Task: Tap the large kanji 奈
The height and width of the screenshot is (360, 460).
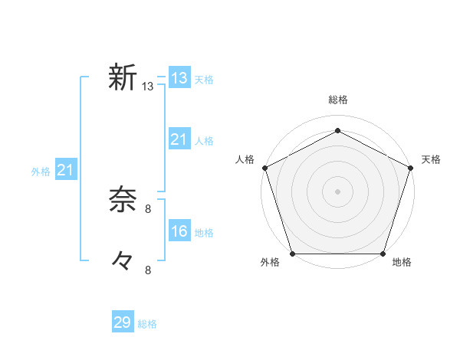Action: (x=122, y=199)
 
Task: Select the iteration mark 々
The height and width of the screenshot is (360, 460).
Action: (x=122, y=260)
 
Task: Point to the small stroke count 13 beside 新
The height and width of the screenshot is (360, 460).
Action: (x=148, y=87)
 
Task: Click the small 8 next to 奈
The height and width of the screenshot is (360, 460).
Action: (x=148, y=208)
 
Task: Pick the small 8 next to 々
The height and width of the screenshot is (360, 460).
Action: (x=148, y=270)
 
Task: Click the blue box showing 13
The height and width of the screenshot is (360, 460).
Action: (x=179, y=78)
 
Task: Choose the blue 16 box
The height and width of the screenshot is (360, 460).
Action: (x=179, y=231)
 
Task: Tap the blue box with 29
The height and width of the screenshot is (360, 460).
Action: (x=123, y=322)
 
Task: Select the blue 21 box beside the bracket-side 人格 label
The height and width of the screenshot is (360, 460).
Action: (x=179, y=139)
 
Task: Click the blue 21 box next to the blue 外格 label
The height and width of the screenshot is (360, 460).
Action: (x=65, y=170)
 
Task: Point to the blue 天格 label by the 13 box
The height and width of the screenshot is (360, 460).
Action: (x=204, y=80)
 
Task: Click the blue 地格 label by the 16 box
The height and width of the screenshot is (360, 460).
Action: (x=204, y=233)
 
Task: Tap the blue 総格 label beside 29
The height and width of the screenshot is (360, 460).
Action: (x=147, y=324)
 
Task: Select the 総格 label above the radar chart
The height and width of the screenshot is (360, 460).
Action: (x=337, y=100)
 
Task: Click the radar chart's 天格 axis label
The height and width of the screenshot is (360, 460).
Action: (x=432, y=159)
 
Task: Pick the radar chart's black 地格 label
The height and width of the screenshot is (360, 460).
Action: (x=402, y=263)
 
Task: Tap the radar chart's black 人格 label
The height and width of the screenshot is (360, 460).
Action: (x=245, y=159)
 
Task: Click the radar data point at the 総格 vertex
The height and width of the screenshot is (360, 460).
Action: (x=337, y=130)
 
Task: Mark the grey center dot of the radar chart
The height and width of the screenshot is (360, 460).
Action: (x=337, y=191)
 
